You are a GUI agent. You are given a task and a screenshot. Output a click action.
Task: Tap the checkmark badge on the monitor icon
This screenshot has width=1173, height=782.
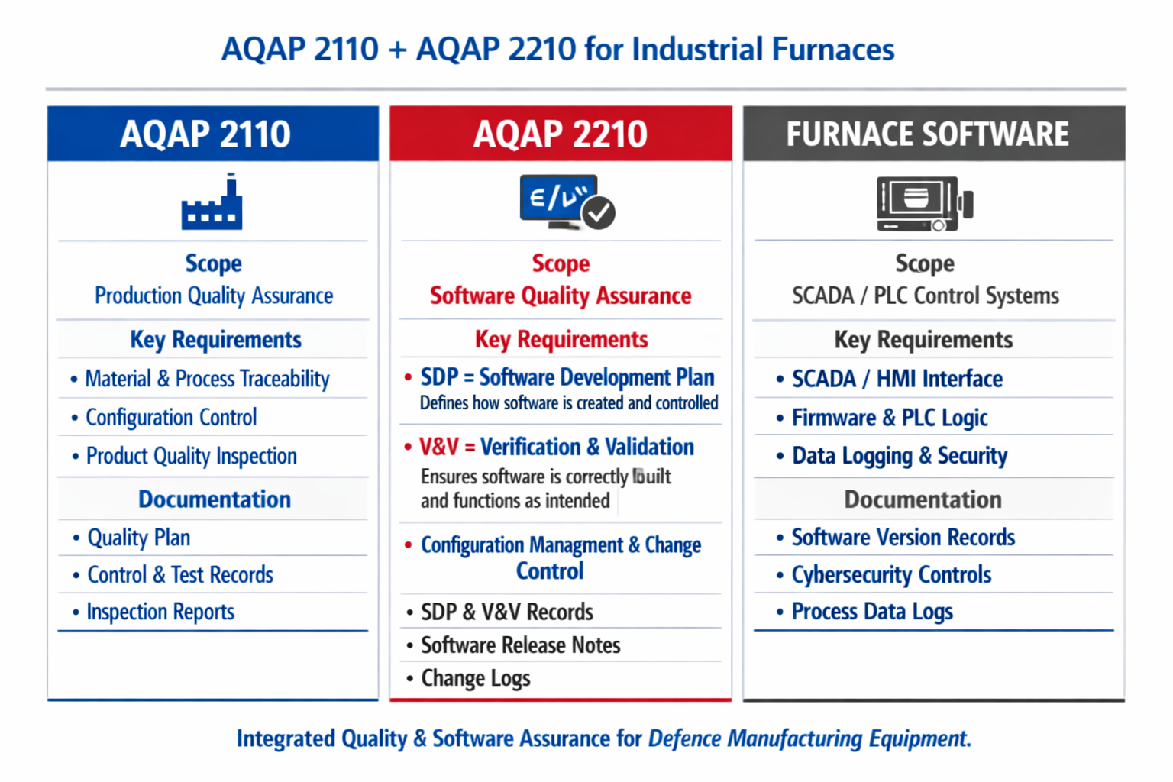599,212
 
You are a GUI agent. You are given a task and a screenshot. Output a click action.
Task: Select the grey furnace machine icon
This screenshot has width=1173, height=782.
925,204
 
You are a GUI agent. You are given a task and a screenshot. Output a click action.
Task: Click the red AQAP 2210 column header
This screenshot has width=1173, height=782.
561,134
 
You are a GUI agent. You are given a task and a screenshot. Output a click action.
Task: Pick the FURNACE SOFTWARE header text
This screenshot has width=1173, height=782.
927,134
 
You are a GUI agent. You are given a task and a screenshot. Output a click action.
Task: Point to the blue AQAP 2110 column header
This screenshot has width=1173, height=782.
212,134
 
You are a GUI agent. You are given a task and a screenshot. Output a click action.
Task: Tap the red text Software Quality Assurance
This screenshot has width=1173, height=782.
561,296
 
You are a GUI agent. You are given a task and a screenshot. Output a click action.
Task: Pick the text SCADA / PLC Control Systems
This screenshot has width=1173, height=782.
926,296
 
